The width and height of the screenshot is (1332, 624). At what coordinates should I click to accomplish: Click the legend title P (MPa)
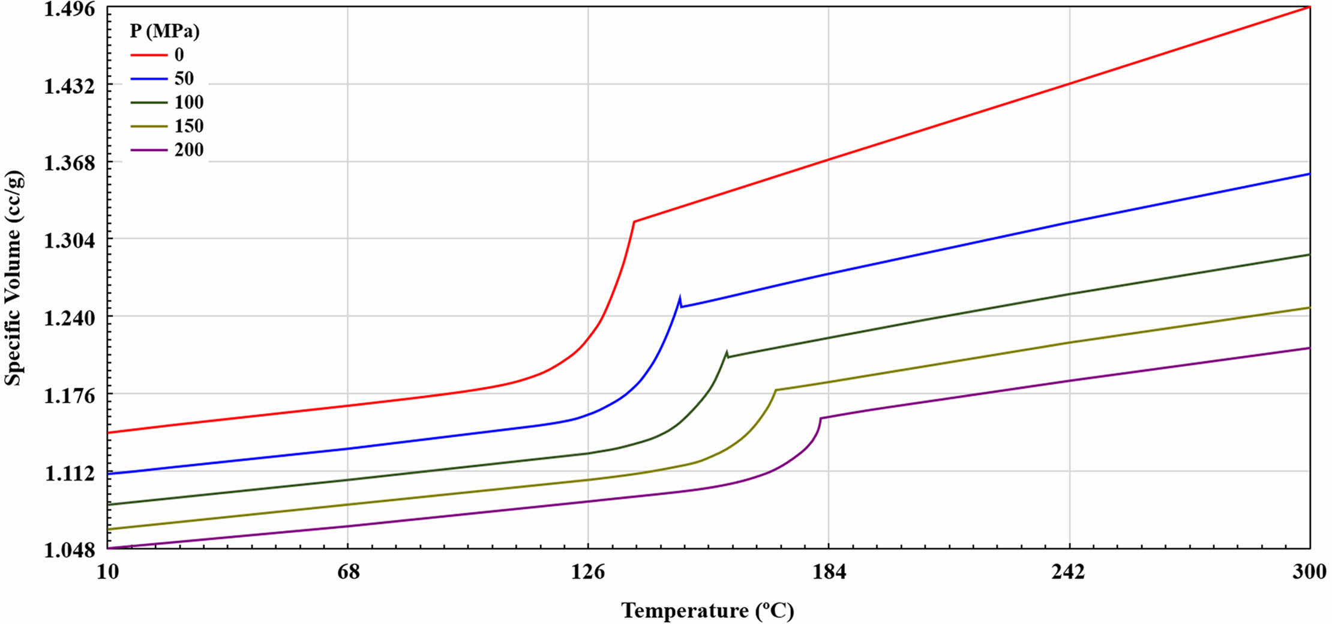click(164, 31)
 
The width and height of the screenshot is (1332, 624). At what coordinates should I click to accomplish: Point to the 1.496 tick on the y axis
click(70, 9)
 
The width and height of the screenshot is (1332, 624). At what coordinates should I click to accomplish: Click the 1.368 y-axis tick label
click(70, 163)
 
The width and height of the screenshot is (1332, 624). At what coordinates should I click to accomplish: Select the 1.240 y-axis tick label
click(70, 318)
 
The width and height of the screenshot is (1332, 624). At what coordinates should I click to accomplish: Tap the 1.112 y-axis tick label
click(70, 473)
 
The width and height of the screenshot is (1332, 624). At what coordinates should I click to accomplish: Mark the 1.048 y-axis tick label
click(70, 550)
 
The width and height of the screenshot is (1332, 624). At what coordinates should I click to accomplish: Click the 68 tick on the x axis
click(348, 572)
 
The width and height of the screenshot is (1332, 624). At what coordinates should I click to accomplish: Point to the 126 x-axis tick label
click(588, 572)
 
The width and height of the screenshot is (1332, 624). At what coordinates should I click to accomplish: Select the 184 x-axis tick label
click(829, 572)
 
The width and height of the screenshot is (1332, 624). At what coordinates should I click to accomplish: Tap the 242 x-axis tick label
click(1069, 572)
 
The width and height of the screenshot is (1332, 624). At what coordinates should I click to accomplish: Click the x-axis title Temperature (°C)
click(707, 610)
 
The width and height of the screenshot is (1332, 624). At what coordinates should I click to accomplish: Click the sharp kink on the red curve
click(634, 222)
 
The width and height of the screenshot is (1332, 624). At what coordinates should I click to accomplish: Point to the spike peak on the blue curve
click(680, 297)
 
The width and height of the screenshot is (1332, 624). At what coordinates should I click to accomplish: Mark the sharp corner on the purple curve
click(820, 418)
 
